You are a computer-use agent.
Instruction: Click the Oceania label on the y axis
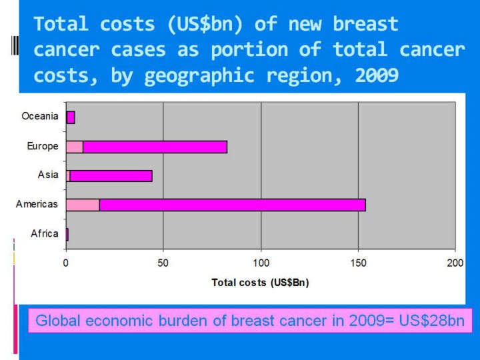click(39, 117)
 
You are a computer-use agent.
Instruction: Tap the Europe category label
click(43, 146)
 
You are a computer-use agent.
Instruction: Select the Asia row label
click(48, 175)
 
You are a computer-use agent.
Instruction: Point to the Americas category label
click(37, 204)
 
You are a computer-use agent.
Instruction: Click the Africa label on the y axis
click(45, 233)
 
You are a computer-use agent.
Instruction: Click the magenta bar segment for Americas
click(232, 205)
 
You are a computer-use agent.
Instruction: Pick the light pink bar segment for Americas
click(83, 205)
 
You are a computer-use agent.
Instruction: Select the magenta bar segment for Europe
click(155, 147)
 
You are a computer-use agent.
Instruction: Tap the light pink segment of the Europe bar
click(75, 147)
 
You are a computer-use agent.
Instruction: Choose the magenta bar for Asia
click(111, 176)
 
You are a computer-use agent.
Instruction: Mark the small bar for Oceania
click(71, 117)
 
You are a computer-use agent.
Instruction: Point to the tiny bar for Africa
click(67, 234)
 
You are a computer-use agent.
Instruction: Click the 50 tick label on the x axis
click(163, 263)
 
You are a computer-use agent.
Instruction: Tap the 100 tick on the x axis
click(261, 263)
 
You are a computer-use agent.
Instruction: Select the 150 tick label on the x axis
click(358, 263)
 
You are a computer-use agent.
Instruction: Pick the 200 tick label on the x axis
click(455, 263)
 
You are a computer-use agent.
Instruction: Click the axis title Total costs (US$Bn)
click(260, 282)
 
